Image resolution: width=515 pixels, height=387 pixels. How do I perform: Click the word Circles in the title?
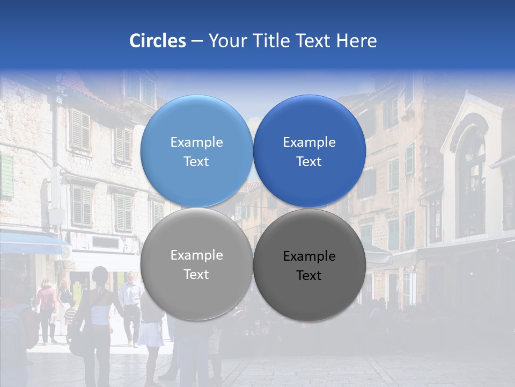[158, 41]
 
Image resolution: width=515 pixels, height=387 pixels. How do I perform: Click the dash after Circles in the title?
[197, 41]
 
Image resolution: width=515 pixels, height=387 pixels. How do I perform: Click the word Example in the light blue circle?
[196, 142]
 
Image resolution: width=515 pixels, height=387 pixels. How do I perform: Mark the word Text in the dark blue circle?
[309, 162]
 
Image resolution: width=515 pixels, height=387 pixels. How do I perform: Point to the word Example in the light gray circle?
[196, 255]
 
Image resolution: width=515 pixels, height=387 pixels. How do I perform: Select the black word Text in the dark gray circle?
[309, 276]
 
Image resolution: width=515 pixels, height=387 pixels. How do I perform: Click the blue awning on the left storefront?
[30, 245]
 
